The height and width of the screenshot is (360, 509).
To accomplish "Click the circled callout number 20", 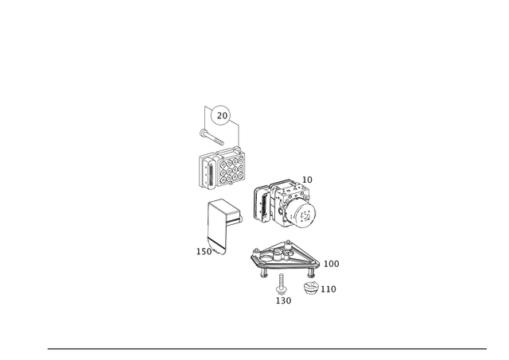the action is click(x=222, y=115).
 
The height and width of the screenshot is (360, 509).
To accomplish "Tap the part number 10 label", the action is click(x=307, y=180).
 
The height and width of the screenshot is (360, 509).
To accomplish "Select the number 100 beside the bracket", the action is click(x=331, y=264).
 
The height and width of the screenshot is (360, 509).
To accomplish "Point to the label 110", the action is click(x=328, y=289).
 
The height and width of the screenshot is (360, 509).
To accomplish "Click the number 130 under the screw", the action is click(x=283, y=300).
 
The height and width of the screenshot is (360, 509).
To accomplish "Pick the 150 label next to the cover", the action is click(x=204, y=251).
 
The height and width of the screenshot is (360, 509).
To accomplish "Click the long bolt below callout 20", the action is click(x=212, y=137).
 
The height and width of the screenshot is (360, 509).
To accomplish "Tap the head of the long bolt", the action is click(x=203, y=133).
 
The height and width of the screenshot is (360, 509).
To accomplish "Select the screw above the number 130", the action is click(x=281, y=285).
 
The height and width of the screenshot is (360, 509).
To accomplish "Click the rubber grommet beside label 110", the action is click(x=311, y=288).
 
